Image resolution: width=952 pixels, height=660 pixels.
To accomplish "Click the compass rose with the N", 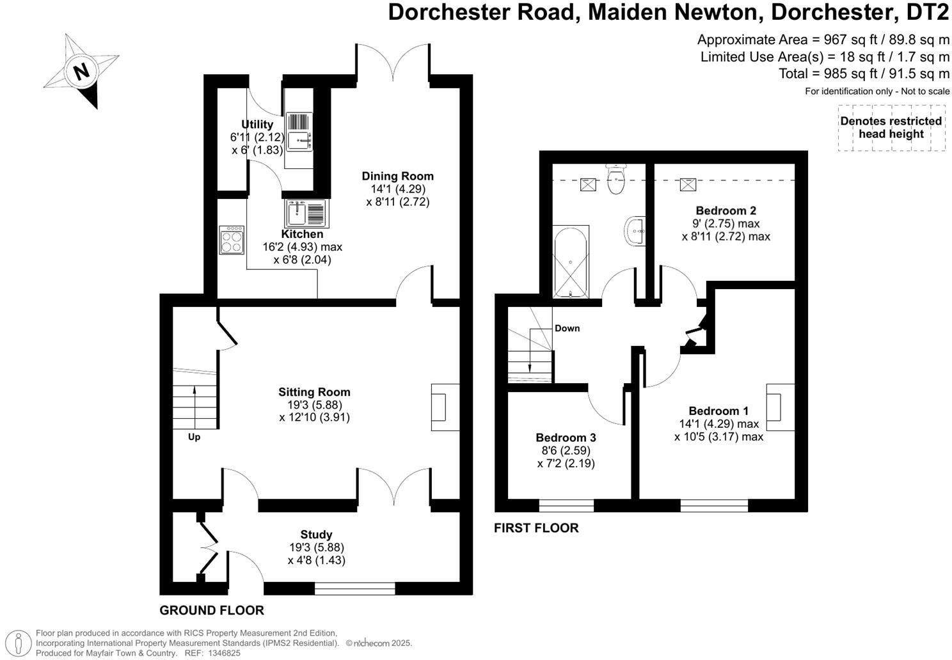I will click(81, 70).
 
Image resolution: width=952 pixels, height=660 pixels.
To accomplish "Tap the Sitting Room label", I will click(314, 392).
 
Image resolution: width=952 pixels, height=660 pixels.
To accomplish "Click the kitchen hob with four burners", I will click(232, 239).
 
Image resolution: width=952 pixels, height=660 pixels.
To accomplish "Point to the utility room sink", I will click(299, 132).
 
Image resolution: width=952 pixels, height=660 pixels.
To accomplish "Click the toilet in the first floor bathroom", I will click(615, 178).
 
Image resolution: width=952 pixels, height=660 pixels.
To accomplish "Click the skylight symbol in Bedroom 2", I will click(688, 184).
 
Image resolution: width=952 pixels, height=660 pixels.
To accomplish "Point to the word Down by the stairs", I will click(567, 328).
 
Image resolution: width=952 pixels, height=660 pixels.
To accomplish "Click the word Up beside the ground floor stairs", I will click(194, 437).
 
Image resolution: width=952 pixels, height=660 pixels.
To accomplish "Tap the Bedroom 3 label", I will click(566, 437).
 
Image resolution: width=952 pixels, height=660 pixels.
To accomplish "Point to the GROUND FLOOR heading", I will click(212, 610).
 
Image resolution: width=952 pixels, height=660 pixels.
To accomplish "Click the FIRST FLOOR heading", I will click(536, 528).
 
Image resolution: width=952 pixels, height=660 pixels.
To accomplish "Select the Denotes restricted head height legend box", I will click(891, 128).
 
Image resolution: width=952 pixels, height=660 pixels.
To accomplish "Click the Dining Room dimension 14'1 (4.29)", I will click(397, 189).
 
